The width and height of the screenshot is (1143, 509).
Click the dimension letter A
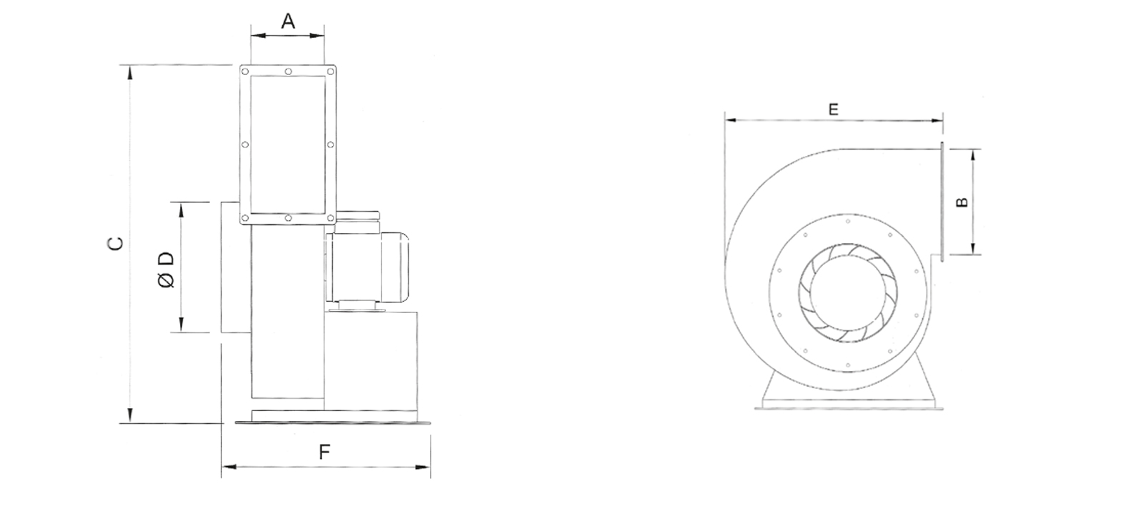(289, 21)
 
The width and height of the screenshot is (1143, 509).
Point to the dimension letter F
(324, 452)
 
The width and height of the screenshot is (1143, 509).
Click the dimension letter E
(833, 109)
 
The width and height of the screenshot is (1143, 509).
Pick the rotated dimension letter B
(962, 202)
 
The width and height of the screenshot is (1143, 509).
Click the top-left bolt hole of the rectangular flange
(245, 71)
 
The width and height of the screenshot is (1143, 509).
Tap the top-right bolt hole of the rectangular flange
(331, 71)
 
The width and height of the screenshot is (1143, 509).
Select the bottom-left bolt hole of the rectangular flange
(245, 219)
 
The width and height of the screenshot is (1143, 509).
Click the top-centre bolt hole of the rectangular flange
(289, 71)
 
